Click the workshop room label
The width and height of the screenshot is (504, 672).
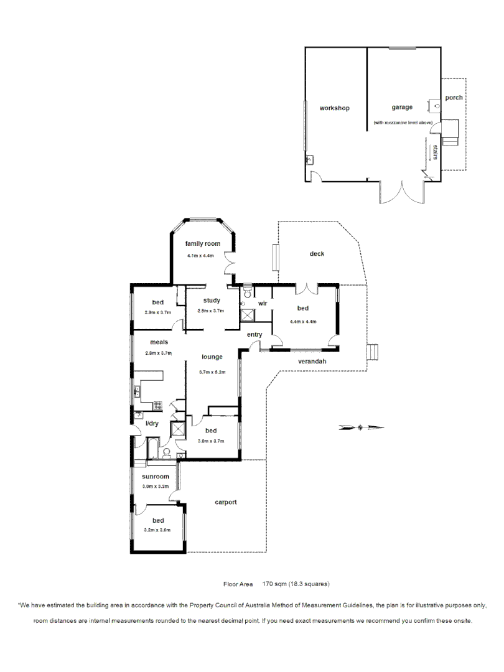(334, 108)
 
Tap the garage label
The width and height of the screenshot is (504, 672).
(402, 107)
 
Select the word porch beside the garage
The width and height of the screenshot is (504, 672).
(454, 98)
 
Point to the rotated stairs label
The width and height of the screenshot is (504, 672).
(436, 152)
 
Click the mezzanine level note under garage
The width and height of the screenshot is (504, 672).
(403, 123)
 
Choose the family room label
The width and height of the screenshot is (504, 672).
(203, 243)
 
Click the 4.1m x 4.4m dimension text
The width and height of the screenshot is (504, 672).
(200, 256)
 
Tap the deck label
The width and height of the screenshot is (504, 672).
(317, 253)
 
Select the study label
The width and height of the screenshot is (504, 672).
(212, 301)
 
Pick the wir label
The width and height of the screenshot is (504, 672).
(263, 304)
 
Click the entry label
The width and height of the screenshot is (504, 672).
(254, 335)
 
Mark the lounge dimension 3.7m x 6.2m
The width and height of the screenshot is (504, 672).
(212, 372)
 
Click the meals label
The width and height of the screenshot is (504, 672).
(159, 342)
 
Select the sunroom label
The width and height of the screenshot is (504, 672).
(156, 477)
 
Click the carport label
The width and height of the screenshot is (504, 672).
(226, 502)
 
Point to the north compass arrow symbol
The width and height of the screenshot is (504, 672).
(362, 427)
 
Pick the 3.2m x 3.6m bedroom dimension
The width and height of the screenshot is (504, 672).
(157, 530)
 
